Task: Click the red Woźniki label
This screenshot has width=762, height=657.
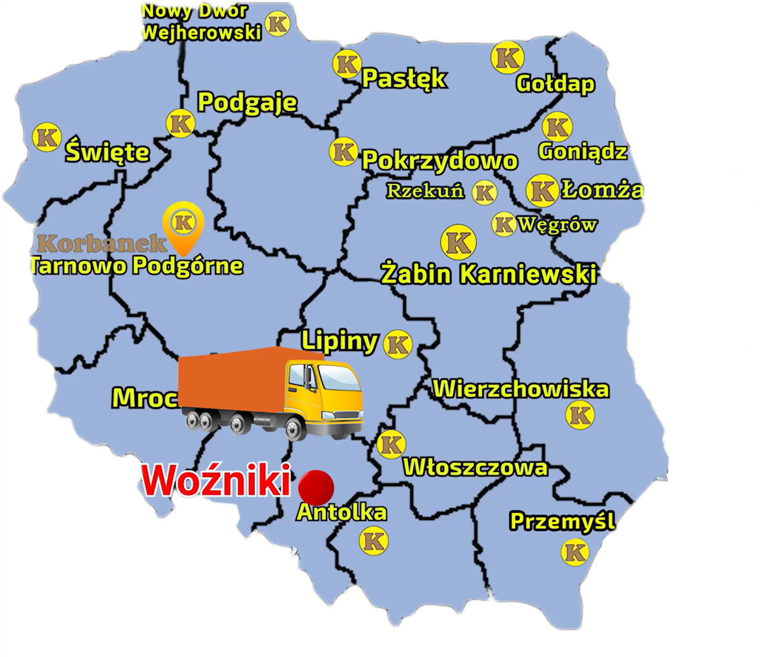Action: (x=216, y=481)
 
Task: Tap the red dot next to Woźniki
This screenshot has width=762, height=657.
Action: (x=316, y=488)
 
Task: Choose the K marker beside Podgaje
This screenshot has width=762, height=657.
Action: (x=180, y=124)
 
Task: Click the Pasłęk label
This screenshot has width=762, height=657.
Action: (x=404, y=78)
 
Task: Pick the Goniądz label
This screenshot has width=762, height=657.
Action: (x=582, y=151)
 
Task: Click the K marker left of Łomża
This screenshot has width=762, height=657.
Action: (x=541, y=190)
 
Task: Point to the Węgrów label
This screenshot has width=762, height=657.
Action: (x=557, y=224)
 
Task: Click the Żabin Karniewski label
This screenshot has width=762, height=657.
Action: (x=489, y=274)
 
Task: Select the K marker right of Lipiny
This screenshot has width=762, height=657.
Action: (x=397, y=344)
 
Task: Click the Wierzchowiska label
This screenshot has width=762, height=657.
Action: (x=521, y=389)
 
